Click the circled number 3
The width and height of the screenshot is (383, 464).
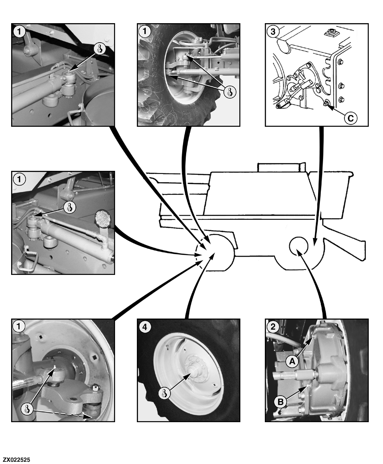(x=272, y=31)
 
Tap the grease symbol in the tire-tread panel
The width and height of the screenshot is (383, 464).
(x=229, y=91)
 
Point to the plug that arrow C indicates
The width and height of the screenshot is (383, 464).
(x=327, y=104)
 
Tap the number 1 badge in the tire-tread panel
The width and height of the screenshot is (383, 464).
(x=145, y=31)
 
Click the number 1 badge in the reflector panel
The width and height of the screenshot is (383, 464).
(x=19, y=179)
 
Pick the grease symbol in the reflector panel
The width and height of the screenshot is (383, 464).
(x=69, y=206)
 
